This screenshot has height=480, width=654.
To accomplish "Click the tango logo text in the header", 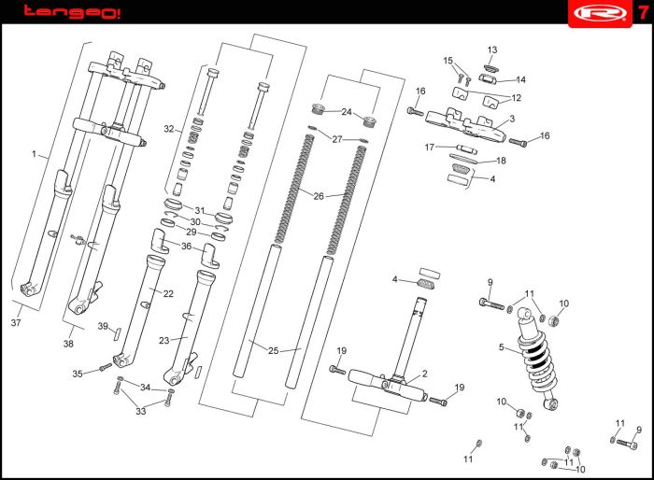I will click(71, 12).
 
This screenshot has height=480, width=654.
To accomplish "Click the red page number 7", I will click(642, 12).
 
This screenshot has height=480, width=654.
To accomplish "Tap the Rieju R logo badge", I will click(596, 12).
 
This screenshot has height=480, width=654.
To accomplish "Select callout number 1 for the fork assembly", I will click(35, 154).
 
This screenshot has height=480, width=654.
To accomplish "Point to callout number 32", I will click(169, 129).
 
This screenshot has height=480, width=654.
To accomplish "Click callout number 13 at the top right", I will click(492, 49).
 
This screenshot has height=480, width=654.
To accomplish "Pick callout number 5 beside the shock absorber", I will click(501, 347).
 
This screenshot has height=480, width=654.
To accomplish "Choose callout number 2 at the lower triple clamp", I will click(424, 374).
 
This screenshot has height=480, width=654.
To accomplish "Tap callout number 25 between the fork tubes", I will click(274, 350).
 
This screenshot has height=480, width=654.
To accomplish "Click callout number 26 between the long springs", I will click(319, 196).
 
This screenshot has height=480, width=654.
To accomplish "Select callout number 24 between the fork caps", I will click(347, 112).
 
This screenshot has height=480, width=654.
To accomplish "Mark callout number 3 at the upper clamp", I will click(512, 120).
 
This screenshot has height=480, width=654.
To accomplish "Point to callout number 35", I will click(78, 374).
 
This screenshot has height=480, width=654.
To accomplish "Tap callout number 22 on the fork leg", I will click(168, 293).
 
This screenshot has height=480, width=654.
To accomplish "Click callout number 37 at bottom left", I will click(16, 323).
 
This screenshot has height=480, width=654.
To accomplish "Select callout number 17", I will click(430, 147).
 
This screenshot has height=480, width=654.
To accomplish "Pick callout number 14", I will click(521, 79).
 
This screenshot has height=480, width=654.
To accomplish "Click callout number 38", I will click(68, 344).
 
